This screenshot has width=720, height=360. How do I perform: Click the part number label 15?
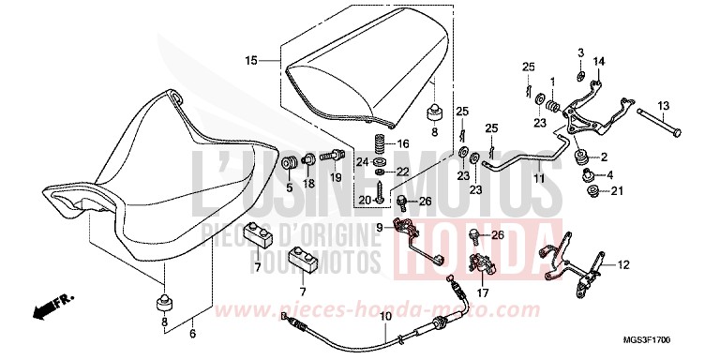point(250,61)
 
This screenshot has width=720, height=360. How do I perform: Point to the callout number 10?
point(384,317)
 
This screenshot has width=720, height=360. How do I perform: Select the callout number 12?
point(622,265)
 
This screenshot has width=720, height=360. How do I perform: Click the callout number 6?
point(193,333)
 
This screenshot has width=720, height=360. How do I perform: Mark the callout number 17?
point(483,291)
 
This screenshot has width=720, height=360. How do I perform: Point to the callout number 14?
point(599,62)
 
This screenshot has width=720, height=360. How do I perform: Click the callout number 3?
point(580,51)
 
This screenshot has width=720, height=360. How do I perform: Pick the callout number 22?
point(403,171)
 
